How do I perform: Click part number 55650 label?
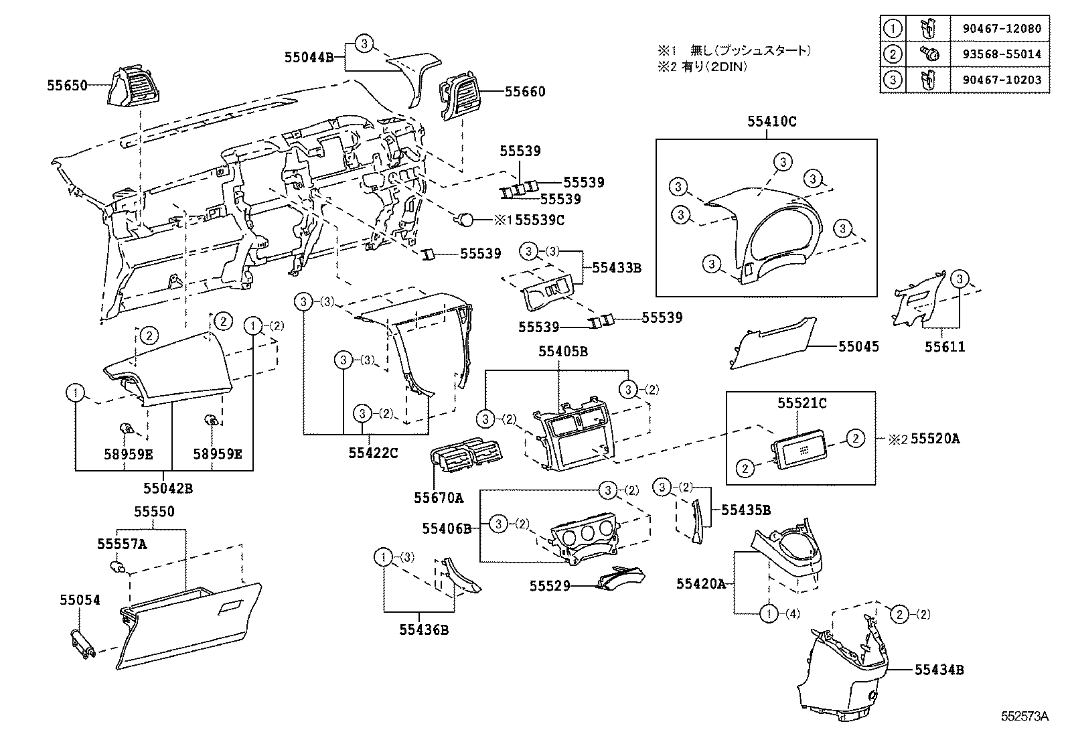(67, 86)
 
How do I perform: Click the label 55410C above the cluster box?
(772, 122)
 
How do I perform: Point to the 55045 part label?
(858, 347)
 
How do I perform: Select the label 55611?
(945, 347)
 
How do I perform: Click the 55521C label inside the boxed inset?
(802, 403)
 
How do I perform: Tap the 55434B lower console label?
(939, 669)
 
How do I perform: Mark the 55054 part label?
(79, 600)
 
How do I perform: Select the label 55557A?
(122, 544)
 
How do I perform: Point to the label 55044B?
(309, 58)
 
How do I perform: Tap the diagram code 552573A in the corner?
(1024, 717)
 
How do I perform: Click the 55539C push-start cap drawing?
(465, 218)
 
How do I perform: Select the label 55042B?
(168, 488)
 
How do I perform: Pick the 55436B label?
(424, 630)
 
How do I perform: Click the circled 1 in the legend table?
(892, 29)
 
